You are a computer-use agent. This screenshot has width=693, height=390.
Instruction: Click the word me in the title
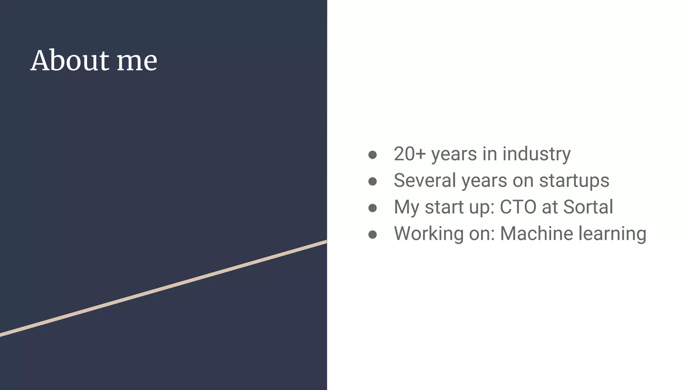[x=137, y=61]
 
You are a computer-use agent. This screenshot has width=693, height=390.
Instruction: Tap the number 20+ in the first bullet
[x=410, y=154]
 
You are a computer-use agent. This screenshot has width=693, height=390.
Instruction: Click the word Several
[x=425, y=180]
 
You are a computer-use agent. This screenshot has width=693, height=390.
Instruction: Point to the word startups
[x=574, y=181]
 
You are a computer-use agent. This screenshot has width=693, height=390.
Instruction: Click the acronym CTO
[x=518, y=207]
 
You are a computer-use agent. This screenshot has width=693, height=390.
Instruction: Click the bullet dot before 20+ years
[x=373, y=155]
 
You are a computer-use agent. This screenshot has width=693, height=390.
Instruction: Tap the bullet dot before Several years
[x=373, y=181]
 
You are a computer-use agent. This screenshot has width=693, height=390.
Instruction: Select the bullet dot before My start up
[x=373, y=208]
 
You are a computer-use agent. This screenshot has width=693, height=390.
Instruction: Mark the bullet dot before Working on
[x=373, y=235]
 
